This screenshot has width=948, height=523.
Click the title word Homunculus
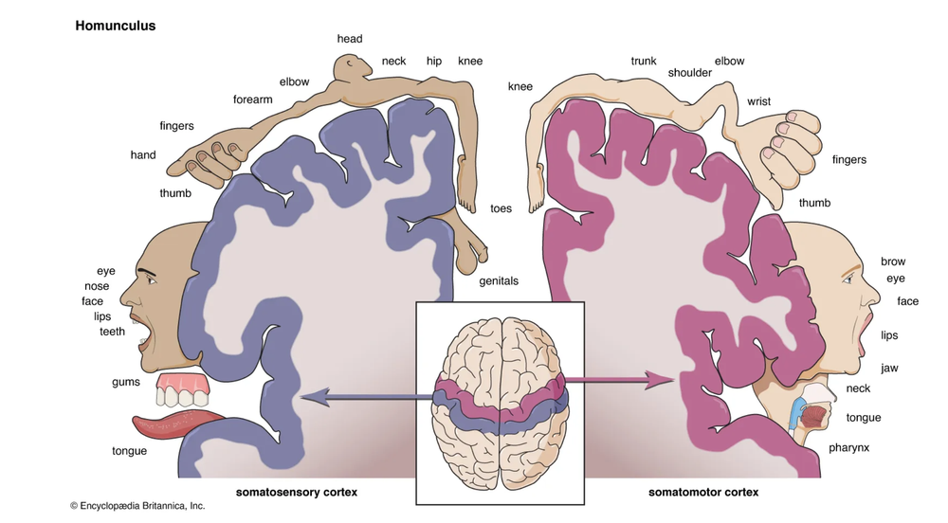[116, 27]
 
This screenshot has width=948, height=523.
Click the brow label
[893, 261]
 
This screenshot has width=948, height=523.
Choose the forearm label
[253, 99]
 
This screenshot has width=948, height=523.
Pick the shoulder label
[689, 72]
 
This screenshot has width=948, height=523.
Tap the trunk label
[644, 62]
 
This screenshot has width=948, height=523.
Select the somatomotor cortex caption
[703, 493]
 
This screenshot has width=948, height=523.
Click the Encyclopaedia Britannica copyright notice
[137, 506]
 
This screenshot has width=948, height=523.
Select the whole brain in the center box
[500, 403]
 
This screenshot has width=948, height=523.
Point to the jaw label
[889, 368]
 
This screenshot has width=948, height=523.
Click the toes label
[501, 208]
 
